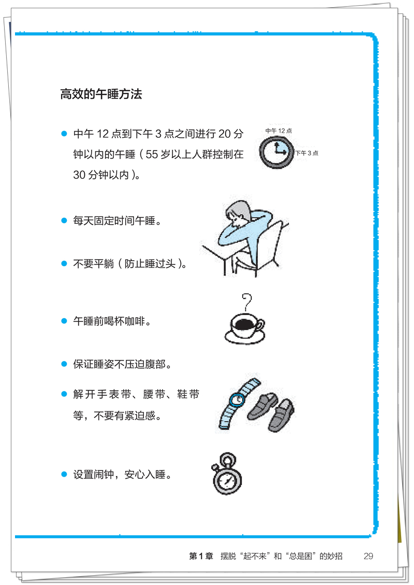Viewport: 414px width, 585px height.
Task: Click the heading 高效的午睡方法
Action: (101, 95)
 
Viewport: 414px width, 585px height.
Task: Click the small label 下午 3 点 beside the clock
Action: (307, 153)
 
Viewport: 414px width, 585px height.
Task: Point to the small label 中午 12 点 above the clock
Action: (279, 131)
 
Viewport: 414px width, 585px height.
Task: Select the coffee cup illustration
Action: (245, 327)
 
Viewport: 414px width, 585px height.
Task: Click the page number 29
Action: (368, 557)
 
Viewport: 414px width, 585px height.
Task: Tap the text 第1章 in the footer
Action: (201, 557)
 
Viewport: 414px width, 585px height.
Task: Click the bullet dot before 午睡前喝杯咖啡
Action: (65, 321)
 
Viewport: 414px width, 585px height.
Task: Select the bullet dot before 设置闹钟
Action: (65, 474)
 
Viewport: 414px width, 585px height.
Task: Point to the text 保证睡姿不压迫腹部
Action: (122, 364)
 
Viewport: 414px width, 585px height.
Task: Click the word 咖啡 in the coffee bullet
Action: (136, 321)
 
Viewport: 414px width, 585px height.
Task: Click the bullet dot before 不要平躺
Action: (65, 264)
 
